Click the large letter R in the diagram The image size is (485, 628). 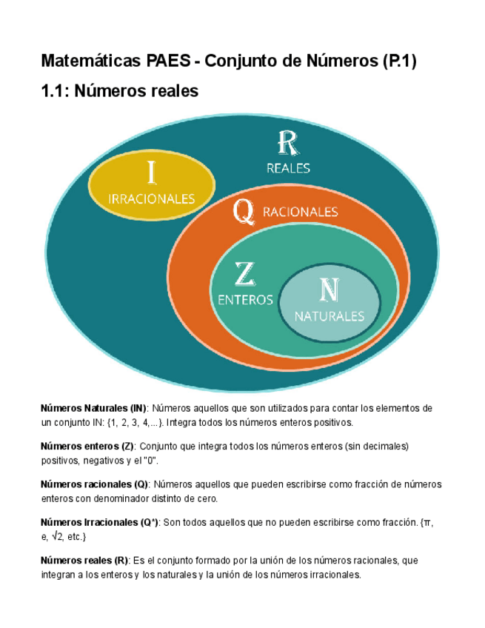[x=287, y=142]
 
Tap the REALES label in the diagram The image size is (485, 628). [x=288, y=168]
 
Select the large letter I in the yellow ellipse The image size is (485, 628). [x=151, y=173]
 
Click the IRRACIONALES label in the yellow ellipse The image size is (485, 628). [x=152, y=198]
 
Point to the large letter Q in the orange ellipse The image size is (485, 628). [x=243, y=211]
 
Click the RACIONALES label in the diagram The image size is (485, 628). [x=300, y=212]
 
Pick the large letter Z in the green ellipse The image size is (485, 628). [x=244, y=274]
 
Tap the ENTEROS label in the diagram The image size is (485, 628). [x=245, y=300]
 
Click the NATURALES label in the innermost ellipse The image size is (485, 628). [x=330, y=315]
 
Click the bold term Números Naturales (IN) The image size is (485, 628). [x=93, y=408]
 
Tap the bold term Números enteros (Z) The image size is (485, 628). [x=87, y=447]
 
